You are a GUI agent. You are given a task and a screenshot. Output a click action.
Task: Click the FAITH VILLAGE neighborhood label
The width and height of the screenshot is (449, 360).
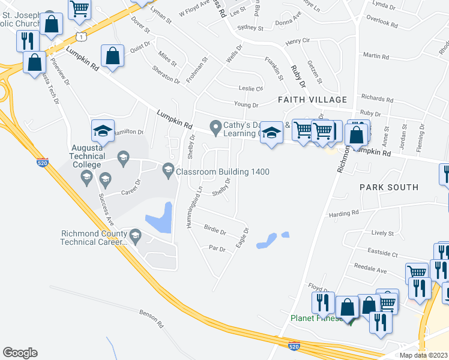pos(312,100)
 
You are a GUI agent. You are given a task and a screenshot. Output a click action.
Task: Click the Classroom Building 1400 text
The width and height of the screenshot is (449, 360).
pos(222,172)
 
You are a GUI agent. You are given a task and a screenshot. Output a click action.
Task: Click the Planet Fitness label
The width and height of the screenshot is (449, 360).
pos(313,318)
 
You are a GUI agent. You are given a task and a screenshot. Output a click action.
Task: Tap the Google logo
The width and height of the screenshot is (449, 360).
pos(20,352)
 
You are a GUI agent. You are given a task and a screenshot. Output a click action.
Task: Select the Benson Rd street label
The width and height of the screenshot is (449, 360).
pos(151,314)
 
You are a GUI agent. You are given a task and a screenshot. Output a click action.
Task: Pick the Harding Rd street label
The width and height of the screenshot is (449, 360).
pos(343,213)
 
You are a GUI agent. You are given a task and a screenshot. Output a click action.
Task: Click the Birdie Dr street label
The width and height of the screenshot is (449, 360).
pos(214,231)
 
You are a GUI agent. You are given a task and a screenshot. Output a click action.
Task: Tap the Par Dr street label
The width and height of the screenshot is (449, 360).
pos(216,248)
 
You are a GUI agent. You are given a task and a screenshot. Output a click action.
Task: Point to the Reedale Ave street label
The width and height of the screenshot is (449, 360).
pos(370,269)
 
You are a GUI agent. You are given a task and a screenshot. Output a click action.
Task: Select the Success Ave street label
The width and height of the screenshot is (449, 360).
pos(109,207)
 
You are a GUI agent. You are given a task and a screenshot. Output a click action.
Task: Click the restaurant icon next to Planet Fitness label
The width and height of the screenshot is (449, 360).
pos(324,304)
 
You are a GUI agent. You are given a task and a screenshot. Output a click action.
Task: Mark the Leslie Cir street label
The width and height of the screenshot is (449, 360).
pos(251,88)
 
